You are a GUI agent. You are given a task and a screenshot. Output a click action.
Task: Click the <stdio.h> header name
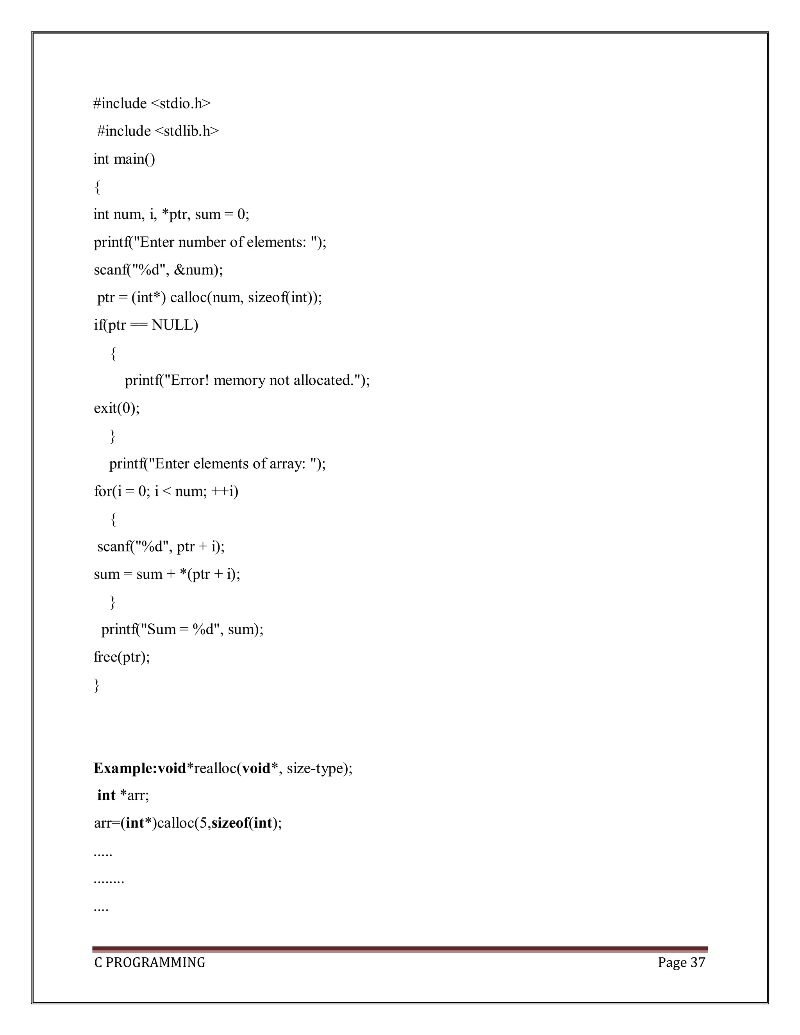click(x=180, y=103)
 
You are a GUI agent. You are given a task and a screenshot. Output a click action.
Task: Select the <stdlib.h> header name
click(x=187, y=131)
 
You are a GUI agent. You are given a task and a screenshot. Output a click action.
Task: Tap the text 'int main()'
click(x=124, y=159)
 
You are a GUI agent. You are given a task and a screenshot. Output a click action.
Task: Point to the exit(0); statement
click(x=116, y=408)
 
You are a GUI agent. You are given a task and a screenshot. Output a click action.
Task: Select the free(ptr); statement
click(x=122, y=657)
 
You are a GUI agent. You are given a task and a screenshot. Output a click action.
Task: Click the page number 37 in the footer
click(x=698, y=962)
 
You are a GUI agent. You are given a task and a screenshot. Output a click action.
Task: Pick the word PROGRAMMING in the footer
click(x=155, y=962)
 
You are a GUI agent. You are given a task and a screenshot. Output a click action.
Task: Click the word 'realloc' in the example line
click(x=215, y=768)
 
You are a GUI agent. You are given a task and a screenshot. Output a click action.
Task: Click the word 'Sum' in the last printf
click(x=161, y=629)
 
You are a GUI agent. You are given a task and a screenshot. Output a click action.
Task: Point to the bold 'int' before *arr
click(x=106, y=795)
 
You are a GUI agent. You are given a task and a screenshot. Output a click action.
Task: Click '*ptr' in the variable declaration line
click(x=174, y=214)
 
